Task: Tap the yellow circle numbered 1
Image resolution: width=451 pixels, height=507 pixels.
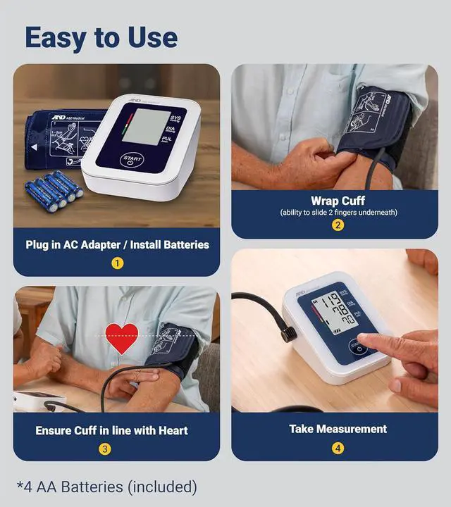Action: tap(117, 263)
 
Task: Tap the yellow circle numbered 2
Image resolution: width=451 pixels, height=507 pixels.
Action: tap(338, 225)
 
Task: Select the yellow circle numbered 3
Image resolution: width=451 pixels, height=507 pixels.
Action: tap(104, 449)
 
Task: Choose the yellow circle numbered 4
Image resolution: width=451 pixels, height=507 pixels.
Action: tap(338, 448)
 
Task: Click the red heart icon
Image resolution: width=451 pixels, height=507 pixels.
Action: tap(122, 338)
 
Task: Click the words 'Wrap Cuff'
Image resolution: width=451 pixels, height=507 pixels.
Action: tap(338, 201)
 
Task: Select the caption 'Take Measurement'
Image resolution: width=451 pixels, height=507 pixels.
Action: tap(338, 428)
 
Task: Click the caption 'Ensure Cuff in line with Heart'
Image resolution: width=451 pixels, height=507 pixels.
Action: tap(111, 430)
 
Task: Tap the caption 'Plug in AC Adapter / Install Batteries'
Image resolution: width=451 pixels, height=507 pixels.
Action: tap(117, 244)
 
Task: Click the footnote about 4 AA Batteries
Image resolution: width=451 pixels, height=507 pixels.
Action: tap(107, 487)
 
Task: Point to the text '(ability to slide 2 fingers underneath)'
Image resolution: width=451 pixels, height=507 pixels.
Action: tap(338, 213)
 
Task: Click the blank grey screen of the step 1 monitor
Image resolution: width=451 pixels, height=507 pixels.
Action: tap(146, 126)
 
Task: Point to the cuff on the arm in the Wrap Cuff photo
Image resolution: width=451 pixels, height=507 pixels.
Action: tap(373, 123)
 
